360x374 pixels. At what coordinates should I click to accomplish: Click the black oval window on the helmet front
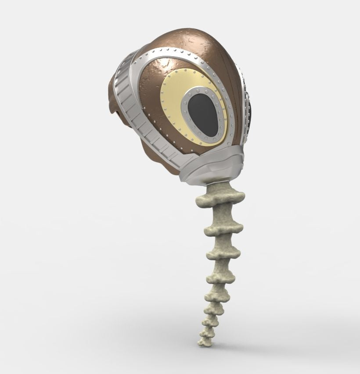[x=203, y=114]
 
